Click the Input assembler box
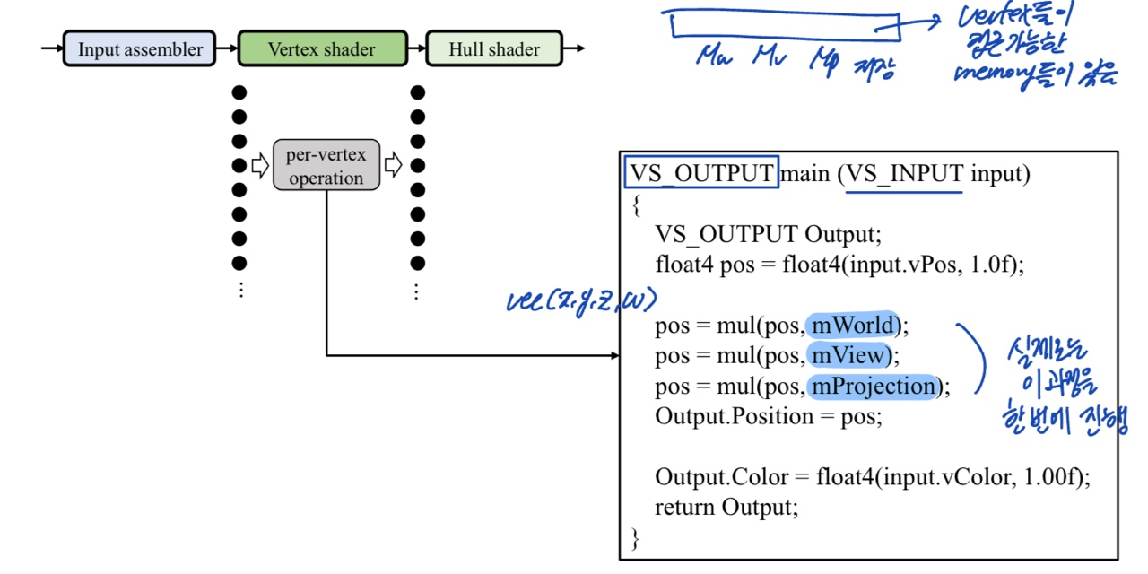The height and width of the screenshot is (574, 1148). pyautogui.click(x=139, y=48)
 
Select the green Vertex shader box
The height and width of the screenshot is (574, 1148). pyautogui.click(x=322, y=48)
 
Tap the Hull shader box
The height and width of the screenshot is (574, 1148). pyautogui.click(x=494, y=48)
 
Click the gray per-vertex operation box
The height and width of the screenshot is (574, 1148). pyautogui.click(x=326, y=165)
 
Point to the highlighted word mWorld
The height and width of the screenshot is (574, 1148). pyautogui.click(x=853, y=325)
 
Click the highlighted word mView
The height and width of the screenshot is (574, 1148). pyautogui.click(x=848, y=356)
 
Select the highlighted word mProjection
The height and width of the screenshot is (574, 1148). pyautogui.click(x=873, y=387)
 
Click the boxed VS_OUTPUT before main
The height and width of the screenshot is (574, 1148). pyautogui.click(x=701, y=173)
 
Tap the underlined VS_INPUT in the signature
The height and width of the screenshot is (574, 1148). pyautogui.click(x=905, y=173)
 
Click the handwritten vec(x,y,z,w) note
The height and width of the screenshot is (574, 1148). pyautogui.click(x=581, y=300)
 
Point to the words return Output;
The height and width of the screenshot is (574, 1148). pyautogui.click(x=726, y=507)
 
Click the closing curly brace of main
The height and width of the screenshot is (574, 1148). pyautogui.click(x=636, y=538)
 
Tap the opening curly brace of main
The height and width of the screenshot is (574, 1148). pyautogui.click(x=636, y=204)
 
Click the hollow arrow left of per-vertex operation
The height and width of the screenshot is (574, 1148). pyautogui.click(x=260, y=165)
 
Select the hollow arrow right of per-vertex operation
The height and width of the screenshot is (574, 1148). pyautogui.click(x=393, y=165)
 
